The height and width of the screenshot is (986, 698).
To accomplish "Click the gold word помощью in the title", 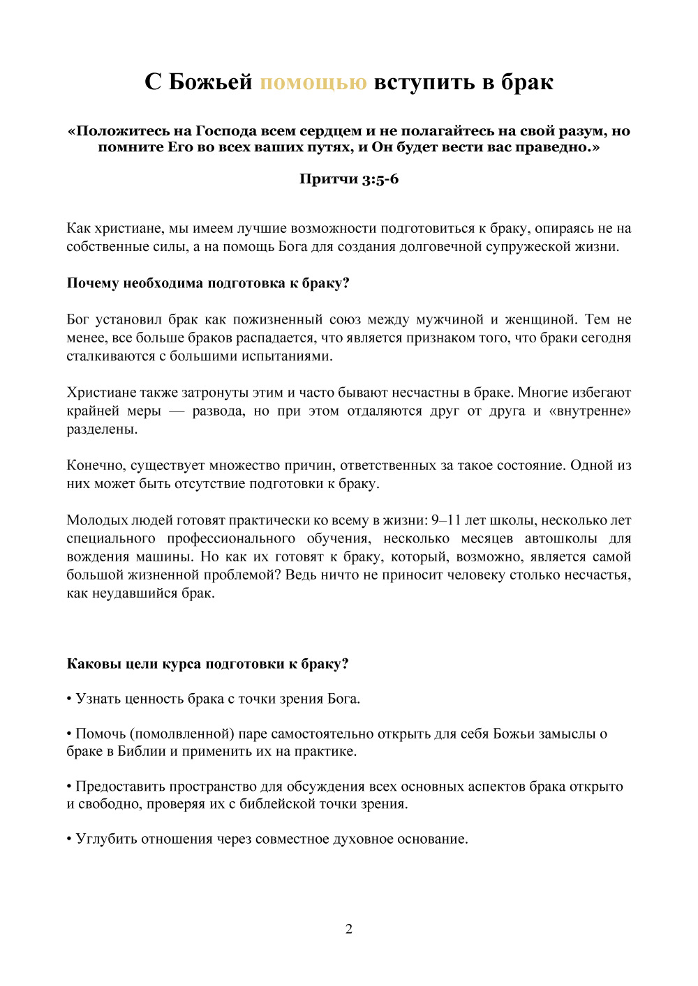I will pyautogui.click(x=313, y=82).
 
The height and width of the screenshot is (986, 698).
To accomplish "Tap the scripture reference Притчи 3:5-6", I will pyautogui.click(x=349, y=179).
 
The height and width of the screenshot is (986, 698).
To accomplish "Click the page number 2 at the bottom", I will pyautogui.click(x=349, y=929).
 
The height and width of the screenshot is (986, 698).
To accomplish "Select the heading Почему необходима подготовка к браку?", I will pyautogui.click(x=208, y=283).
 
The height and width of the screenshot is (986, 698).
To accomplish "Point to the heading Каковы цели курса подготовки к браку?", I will pyautogui.click(x=207, y=664).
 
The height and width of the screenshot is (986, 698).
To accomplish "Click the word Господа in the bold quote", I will pyautogui.click(x=226, y=131).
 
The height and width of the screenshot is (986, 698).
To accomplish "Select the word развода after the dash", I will pyautogui.click(x=218, y=411).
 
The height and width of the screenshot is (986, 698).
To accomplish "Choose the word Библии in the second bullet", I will pyautogui.click(x=142, y=752).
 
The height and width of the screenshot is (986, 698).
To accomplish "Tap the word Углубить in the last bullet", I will pyautogui.click(x=106, y=839).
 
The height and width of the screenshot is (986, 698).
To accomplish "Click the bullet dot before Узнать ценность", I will pyautogui.click(x=69, y=699).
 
